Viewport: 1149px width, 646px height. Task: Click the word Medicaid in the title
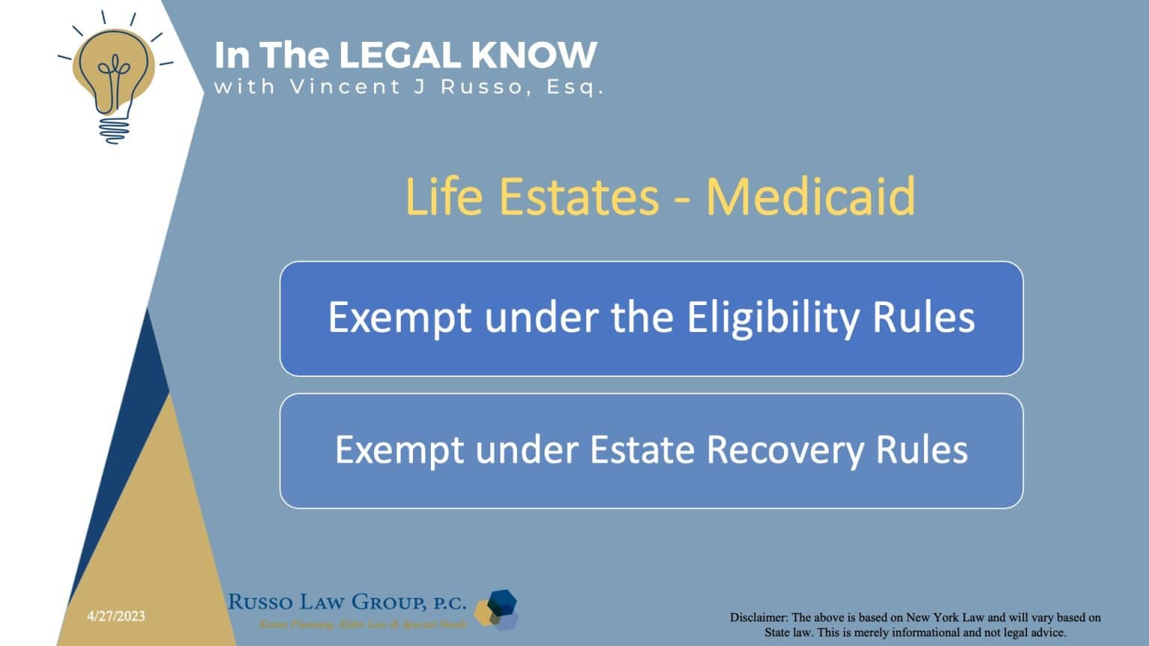(810, 196)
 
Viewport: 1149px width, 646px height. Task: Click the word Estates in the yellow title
(578, 196)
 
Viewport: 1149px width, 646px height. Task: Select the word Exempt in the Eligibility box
(400, 318)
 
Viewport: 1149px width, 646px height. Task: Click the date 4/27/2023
(116, 616)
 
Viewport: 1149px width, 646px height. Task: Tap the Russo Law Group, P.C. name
(346, 602)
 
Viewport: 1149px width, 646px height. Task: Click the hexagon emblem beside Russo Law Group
(498, 609)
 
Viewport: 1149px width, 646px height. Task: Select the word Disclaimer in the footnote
(759, 618)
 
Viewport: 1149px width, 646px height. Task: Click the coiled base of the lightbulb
(114, 129)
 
